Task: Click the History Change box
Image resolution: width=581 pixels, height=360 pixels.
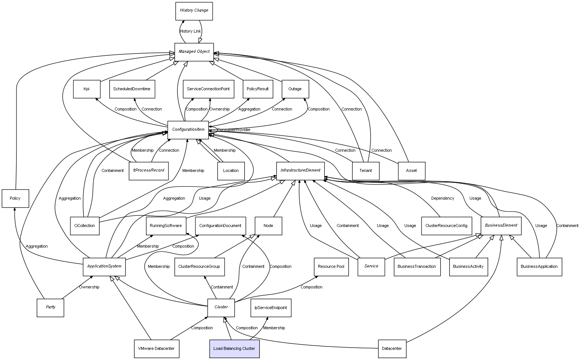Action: point(194,11)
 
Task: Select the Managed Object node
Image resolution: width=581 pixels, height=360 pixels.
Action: point(194,52)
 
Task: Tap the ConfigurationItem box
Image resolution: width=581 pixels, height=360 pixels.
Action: point(188,130)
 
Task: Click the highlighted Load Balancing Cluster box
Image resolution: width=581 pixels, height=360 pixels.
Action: point(234,349)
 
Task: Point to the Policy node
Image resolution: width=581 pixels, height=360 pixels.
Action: point(15,199)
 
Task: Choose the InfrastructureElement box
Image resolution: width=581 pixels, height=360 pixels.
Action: point(301,170)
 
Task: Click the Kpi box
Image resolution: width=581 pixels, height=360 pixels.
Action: point(86,89)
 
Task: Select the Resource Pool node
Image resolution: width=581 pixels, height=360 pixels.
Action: point(331,267)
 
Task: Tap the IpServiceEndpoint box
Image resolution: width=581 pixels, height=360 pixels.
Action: point(271,308)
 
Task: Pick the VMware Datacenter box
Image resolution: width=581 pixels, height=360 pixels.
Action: point(156,349)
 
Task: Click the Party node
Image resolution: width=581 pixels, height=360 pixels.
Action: point(51,307)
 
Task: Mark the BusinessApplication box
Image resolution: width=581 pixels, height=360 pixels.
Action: point(539,267)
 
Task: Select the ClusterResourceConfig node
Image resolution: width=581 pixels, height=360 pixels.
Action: point(446,226)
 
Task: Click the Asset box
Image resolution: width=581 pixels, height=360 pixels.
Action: point(411,171)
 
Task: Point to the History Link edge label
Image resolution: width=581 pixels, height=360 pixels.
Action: point(190,31)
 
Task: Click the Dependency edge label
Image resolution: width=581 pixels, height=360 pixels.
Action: point(442,198)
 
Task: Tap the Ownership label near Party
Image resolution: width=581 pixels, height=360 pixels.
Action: point(89,287)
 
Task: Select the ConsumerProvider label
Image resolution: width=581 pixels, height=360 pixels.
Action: point(234,130)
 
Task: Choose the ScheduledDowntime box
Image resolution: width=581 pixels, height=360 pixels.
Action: point(132,89)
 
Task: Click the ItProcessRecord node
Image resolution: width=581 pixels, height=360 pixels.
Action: point(149,170)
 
